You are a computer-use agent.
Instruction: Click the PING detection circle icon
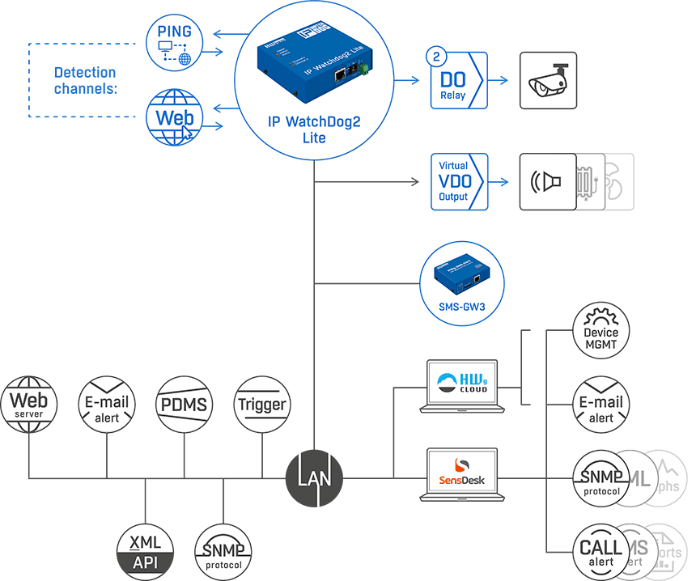click(174, 43)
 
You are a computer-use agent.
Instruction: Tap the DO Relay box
click(459, 81)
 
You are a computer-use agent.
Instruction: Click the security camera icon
click(549, 81)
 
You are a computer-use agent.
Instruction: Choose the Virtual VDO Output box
click(459, 182)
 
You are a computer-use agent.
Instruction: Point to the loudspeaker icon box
click(547, 182)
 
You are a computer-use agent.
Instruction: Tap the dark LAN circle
click(314, 478)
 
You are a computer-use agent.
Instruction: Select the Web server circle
click(29, 403)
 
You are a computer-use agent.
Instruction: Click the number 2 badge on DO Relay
click(437, 58)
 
